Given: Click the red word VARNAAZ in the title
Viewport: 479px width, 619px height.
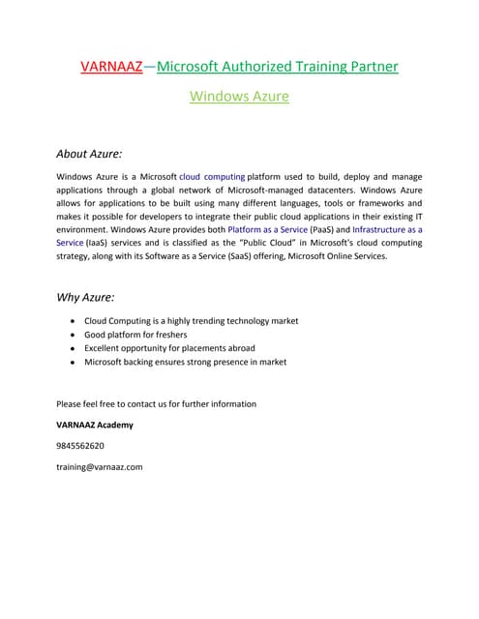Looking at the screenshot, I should (x=110, y=67).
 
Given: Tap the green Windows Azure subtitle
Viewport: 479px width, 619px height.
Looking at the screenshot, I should (x=239, y=97).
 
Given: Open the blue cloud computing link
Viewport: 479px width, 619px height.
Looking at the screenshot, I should (x=212, y=178).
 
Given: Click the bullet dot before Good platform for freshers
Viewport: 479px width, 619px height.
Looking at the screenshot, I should (x=75, y=335).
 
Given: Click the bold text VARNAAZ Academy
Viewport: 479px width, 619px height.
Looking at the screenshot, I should (x=95, y=425).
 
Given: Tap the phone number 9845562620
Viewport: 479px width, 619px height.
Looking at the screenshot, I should (x=80, y=446).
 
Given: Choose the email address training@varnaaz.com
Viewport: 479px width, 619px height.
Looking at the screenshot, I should (x=100, y=467).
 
